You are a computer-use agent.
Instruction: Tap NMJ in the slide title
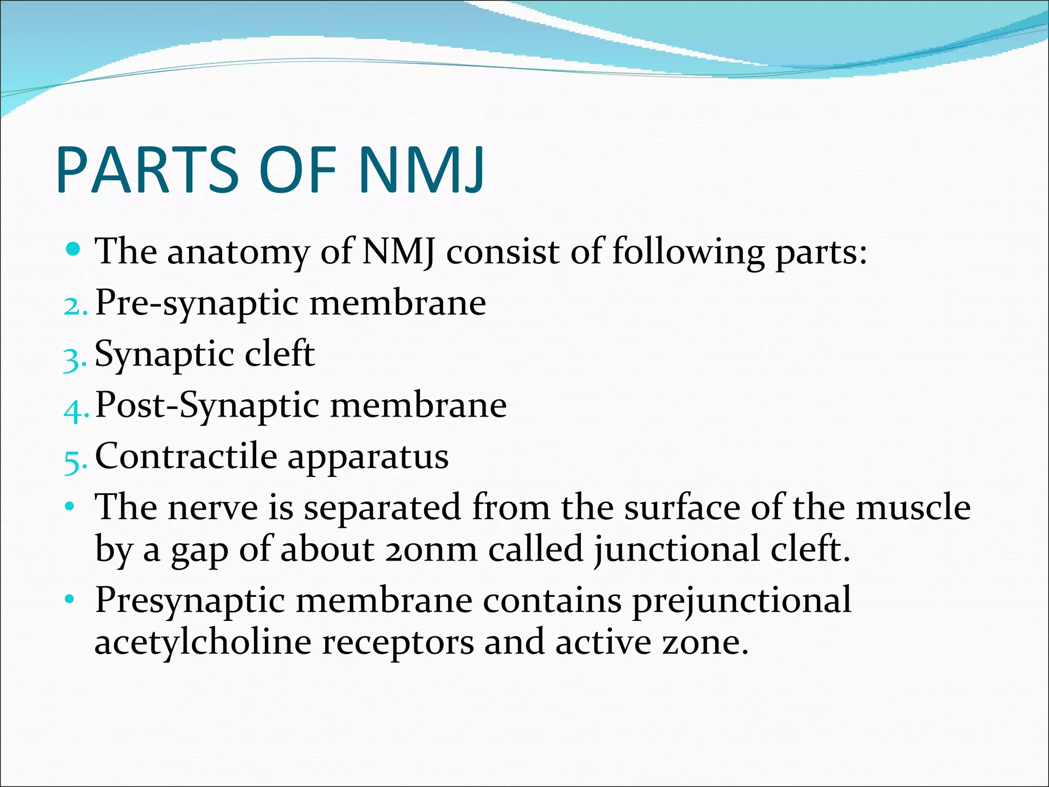pos(421,170)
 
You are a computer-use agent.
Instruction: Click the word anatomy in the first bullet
pos(239,252)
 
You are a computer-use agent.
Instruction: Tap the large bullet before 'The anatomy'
pos(74,250)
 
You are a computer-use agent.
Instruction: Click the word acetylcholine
pos(203,643)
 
